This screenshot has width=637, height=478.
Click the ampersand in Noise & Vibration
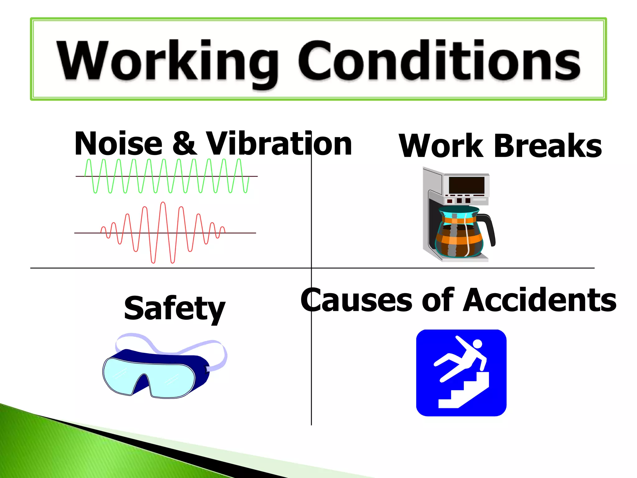(x=184, y=144)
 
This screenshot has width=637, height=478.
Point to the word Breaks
(x=547, y=146)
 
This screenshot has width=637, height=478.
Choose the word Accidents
(x=540, y=300)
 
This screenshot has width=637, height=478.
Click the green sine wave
(x=167, y=176)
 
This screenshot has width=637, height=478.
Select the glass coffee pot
(x=459, y=233)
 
